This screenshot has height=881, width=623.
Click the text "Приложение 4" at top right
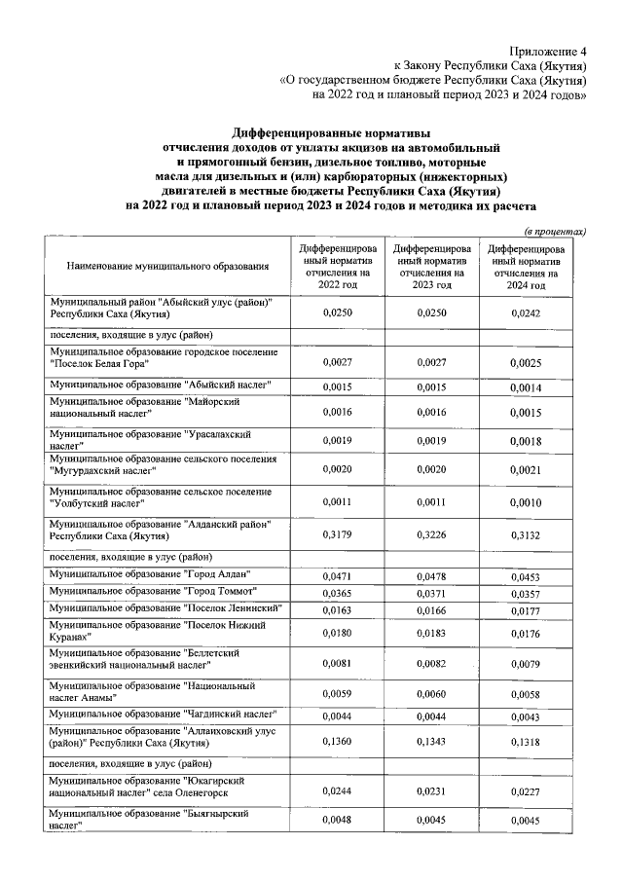pos(549,51)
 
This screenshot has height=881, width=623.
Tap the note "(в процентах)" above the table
pos(555,231)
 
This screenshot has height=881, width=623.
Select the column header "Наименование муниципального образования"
pos(166,266)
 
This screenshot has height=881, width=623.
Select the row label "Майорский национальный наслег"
pos(145,407)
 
